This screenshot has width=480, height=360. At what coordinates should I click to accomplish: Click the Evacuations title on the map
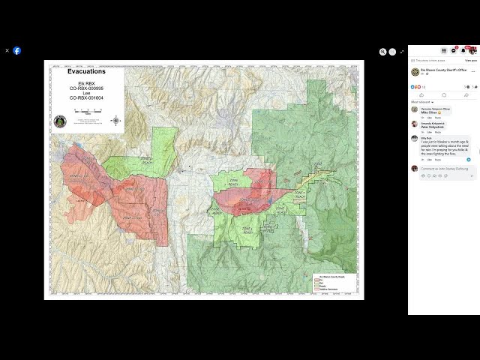(86, 71)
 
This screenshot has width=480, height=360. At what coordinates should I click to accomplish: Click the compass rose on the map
(115, 120)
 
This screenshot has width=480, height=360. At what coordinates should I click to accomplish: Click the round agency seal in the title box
(60, 121)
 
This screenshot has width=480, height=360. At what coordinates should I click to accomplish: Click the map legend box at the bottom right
(331, 282)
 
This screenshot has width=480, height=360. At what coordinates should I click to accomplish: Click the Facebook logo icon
(17, 51)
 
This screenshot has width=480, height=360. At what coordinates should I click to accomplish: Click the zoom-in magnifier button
(382, 52)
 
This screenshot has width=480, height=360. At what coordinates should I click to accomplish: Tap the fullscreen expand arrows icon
(402, 52)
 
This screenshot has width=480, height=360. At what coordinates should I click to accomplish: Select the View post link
(470, 60)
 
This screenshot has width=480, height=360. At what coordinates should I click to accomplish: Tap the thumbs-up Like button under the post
(421, 95)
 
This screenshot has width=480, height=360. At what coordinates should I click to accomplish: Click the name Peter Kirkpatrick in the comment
(433, 127)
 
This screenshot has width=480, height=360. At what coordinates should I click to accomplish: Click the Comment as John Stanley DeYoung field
(445, 169)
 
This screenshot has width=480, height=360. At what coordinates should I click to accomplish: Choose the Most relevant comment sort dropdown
(420, 102)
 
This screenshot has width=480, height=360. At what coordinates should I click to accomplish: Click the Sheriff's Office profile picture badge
(415, 71)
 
